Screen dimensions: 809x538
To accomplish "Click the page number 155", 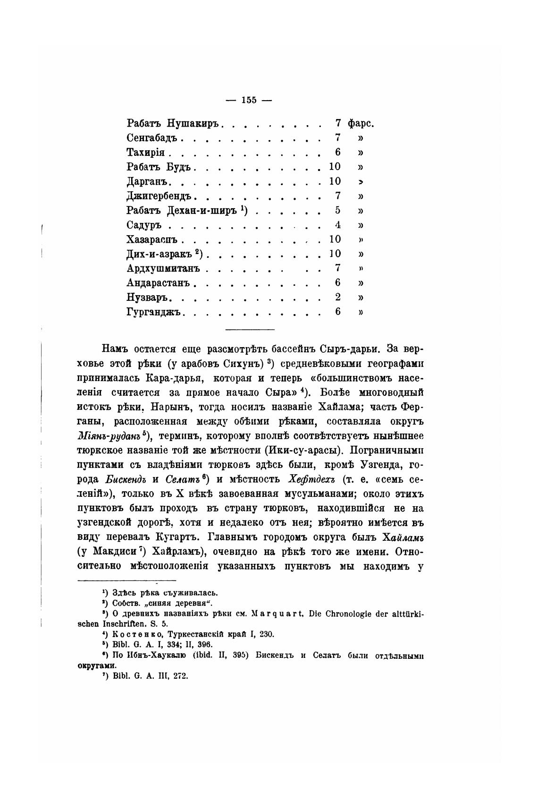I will point(249,100).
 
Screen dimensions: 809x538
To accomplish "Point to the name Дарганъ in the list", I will point(148,181).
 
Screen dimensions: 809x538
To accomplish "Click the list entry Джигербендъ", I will point(160,196).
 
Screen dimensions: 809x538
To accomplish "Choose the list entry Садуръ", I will point(144,225).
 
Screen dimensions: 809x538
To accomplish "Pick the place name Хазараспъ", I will point(155,239).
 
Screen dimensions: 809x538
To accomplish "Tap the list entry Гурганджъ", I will point(155,312).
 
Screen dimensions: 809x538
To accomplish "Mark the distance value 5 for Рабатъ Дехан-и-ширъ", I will point(338,210).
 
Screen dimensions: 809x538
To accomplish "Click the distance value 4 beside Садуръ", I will point(338,225).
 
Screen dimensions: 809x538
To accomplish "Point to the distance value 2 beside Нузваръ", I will point(338,298).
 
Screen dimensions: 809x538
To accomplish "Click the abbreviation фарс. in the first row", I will point(361,124).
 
